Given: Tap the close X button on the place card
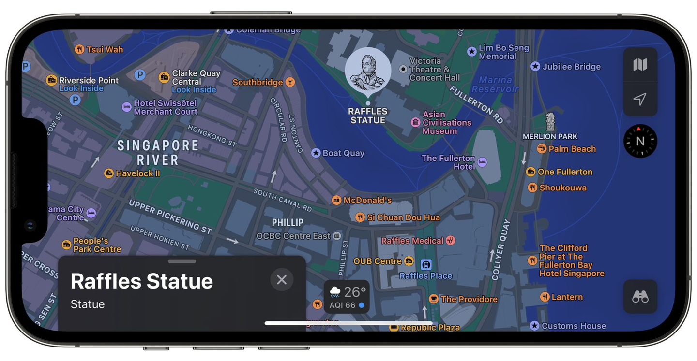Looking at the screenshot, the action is click(x=282, y=279).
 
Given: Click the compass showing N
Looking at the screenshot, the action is click(x=640, y=141).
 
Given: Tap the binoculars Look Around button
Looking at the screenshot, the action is click(x=640, y=297).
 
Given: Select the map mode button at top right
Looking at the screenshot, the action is click(x=640, y=65).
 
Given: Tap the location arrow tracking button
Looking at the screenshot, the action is click(x=640, y=99).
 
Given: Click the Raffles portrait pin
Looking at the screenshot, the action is click(x=368, y=71).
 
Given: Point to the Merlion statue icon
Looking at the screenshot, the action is click(x=550, y=122).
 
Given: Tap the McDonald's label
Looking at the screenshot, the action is click(x=367, y=200).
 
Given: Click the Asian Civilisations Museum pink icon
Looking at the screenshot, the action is click(x=415, y=122).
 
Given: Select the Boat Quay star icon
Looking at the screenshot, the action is click(x=316, y=153).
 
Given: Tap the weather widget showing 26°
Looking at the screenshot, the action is click(x=347, y=297).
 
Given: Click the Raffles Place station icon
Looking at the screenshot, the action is click(x=426, y=264).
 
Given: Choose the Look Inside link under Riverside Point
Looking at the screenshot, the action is click(x=81, y=89).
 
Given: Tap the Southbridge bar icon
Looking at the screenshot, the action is click(x=290, y=82).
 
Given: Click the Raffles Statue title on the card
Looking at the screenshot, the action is click(x=142, y=281).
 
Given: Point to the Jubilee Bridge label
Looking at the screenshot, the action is click(x=571, y=67).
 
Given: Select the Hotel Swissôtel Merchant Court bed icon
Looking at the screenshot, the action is click(x=126, y=107).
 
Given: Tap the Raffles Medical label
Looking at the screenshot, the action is click(x=412, y=241).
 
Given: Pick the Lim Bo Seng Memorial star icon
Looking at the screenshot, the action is click(x=472, y=52).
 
